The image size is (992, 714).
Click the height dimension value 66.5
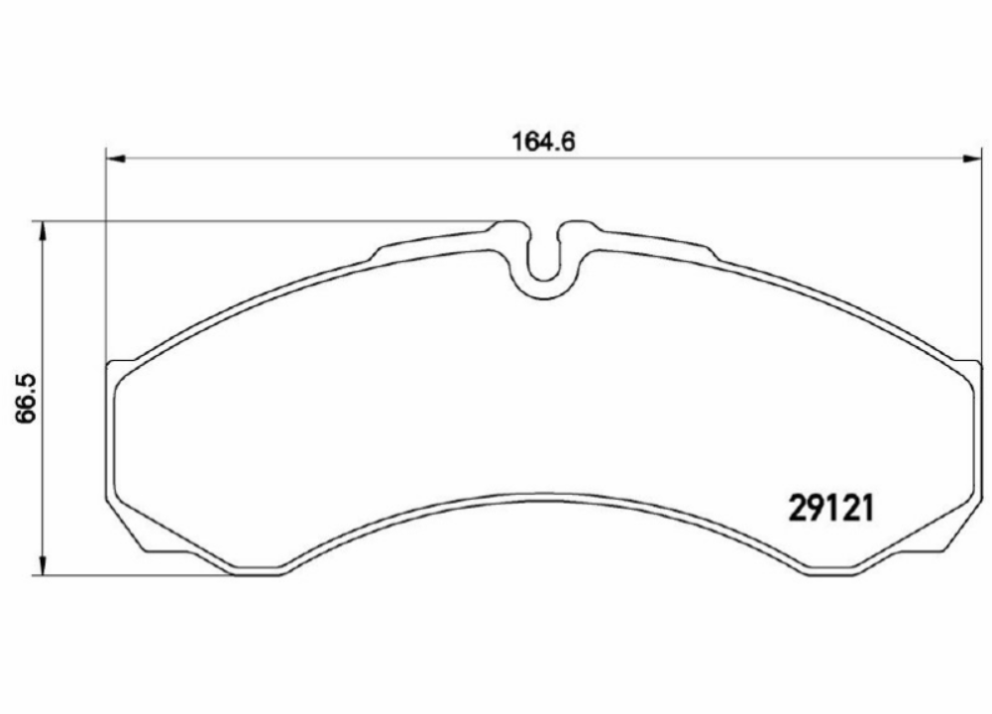pyautogui.click(x=25, y=398)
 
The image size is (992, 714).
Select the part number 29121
pyautogui.click(x=829, y=508)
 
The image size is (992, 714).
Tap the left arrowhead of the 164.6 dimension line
pyautogui.click(x=112, y=157)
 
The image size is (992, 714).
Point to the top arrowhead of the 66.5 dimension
pyautogui.click(x=41, y=227)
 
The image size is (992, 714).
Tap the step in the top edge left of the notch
pyautogui.click(x=378, y=253)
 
